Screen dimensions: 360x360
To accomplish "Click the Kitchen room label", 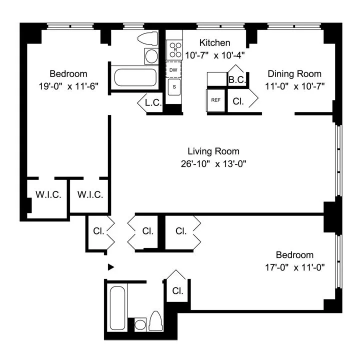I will tap(214, 43).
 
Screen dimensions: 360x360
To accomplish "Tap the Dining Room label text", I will tap(294, 73).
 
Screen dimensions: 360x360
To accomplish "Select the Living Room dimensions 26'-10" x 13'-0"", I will tap(213, 163).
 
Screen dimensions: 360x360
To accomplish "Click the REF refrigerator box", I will tap(216, 100).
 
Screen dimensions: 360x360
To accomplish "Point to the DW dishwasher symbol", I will tap(173, 70).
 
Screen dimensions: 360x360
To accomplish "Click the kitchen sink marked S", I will tap(174, 87).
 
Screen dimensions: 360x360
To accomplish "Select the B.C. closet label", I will tap(236, 79).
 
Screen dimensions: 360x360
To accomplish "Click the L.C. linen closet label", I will tap(152, 102).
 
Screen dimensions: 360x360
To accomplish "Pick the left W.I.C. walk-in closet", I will tap(48, 194).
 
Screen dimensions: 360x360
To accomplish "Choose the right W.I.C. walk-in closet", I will tap(90, 194).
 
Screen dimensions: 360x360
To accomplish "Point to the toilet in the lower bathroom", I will tap(155, 321).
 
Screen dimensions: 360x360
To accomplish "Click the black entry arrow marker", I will tap(111, 267).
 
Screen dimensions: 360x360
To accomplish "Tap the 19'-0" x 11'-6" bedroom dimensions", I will tap(68, 85).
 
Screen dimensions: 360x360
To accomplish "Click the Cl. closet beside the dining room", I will tap(238, 100).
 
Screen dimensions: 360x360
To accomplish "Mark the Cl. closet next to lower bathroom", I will tap(177, 290).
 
